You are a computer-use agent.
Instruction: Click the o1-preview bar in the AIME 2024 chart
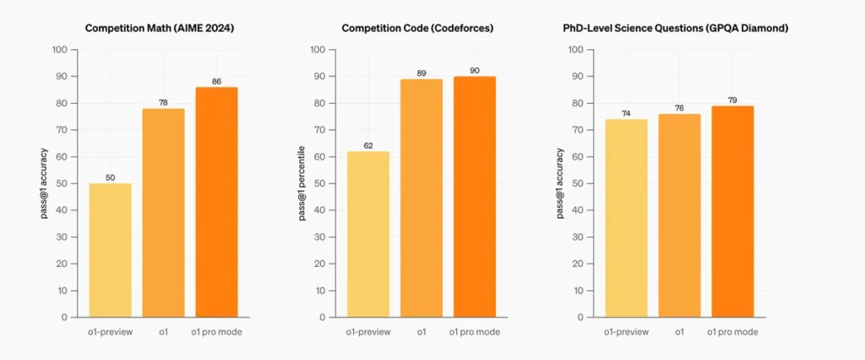(x=111, y=250)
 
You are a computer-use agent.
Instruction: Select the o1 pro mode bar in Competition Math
(x=217, y=202)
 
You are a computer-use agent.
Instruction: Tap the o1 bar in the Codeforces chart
(x=422, y=199)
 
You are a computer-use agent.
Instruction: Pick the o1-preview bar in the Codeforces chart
(x=368, y=234)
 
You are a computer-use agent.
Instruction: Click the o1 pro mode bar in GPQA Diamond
(x=732, y=211)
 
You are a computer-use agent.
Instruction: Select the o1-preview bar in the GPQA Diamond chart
(x=626, y=218)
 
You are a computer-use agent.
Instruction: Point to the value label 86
(x=217, y=82)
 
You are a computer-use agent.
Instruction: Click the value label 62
(x=368, y=146)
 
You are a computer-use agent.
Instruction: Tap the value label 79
(x=732, y=101)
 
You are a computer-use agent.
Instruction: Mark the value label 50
(x=111, y=178)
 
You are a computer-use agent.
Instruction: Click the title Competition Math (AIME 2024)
(x=160, y=28)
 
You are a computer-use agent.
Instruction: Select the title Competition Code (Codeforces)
(x=417, y=28)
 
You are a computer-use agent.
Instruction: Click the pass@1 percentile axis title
(x=302, y=183)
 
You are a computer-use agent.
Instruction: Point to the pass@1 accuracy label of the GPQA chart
(x=560, y=183)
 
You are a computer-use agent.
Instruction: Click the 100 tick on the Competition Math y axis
(x=60, y=50)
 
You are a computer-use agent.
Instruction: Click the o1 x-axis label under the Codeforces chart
(x=422, y=332)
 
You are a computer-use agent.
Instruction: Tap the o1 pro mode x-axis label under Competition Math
(x=217, y=332)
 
